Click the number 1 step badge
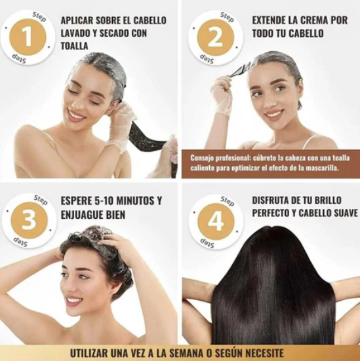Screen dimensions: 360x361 (28, 37)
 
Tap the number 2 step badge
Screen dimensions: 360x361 (216, 38)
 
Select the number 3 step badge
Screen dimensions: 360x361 (29, 220)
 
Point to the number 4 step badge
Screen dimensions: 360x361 (216, 221)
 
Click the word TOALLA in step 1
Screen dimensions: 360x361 (75, 46)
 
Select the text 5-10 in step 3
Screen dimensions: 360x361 (103, 200)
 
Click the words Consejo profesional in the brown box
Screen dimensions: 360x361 (220, 158)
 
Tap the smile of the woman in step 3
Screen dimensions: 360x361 (75, 300)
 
